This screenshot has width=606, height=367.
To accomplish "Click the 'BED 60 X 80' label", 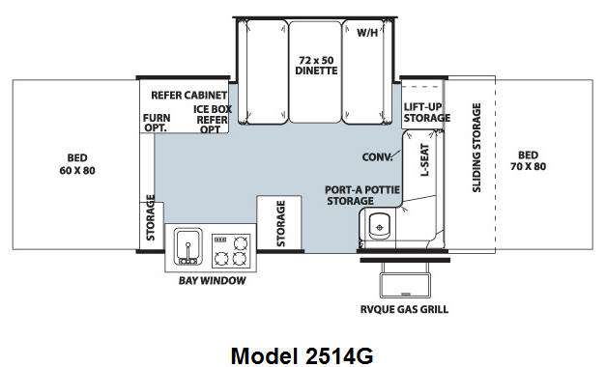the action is point(77,164).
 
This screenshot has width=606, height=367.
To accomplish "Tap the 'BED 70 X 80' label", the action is point(528,160).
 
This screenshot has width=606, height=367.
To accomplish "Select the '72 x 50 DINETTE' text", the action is point(316,66).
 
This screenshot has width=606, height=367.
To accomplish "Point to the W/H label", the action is point(367,33).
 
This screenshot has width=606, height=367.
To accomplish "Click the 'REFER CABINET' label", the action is point(189,95).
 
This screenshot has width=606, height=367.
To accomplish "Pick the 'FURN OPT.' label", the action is point(157,123).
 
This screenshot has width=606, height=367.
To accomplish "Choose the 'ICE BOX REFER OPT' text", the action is point(213,120).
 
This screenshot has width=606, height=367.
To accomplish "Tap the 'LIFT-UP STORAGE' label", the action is point(426,112).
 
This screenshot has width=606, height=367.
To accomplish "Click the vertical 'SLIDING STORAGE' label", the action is point(476,148).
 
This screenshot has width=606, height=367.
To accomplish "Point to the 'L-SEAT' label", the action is point(424,160).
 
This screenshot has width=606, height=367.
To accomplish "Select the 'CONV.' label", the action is point(377,157).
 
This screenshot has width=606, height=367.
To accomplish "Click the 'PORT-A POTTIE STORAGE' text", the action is point(362,195).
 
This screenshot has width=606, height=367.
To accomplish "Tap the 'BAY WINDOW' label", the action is point(213,280).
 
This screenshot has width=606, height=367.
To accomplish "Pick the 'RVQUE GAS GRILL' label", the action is point(404,309).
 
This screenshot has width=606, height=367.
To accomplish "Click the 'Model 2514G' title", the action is point(302,355).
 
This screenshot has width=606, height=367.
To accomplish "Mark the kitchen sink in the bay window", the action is point(188,247).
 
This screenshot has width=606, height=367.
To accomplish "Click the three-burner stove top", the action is point(231,251).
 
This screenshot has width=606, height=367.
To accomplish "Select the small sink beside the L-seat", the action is point(379,226).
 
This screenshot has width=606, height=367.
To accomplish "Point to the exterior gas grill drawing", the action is point(405,280).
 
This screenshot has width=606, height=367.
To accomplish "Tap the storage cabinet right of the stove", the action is point(279,223).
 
